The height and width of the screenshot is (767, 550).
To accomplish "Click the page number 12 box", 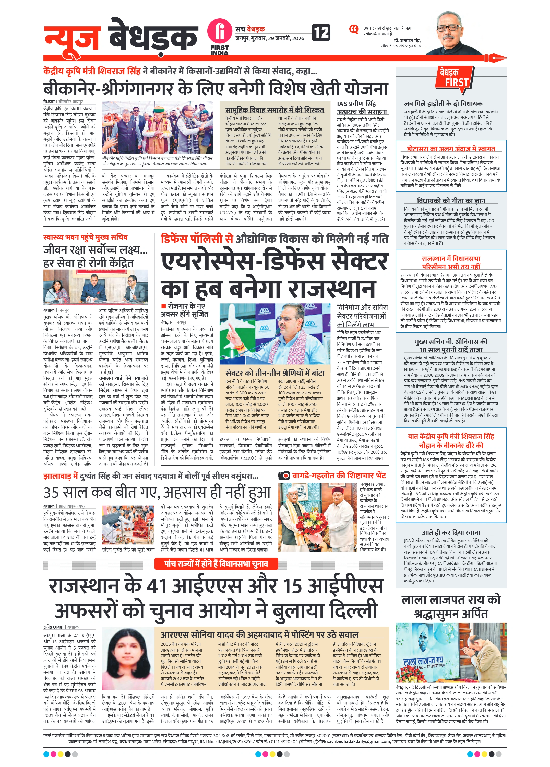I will pos(321,32).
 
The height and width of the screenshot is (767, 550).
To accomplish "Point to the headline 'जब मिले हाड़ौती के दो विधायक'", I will pos(443,103).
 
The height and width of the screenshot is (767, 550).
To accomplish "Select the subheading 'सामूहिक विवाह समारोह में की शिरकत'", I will pos(274,110).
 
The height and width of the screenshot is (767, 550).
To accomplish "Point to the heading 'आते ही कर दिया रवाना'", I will pos(451,533).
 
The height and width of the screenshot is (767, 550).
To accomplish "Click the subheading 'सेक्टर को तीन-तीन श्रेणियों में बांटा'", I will pos(275,373).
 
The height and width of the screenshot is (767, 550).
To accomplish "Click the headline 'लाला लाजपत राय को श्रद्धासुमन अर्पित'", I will pos(451,606).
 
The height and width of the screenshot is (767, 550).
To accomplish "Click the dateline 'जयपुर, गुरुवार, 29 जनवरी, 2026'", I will pos(270,38).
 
